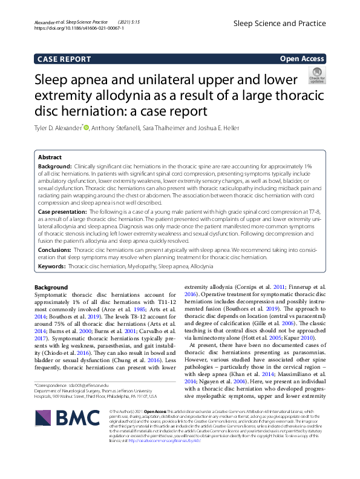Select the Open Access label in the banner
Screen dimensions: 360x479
[303, 59]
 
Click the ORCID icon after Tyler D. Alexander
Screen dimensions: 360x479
[86, 127]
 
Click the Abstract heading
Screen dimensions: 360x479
[50, 156]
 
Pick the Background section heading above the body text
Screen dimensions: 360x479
[51, 287]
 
